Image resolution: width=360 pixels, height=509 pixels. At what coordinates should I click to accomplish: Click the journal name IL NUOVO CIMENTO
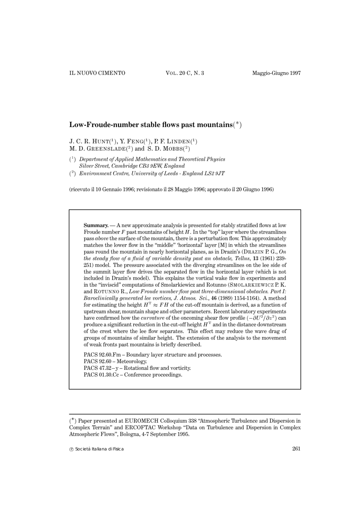[x=97, y=73]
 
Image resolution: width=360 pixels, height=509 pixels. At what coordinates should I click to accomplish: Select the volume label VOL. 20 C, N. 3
[x=185, y=73]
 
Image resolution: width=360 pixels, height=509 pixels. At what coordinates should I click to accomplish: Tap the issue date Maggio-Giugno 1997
[x=276, y=73]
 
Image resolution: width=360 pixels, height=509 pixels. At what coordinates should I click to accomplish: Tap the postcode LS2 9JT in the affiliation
[x=214, y=173]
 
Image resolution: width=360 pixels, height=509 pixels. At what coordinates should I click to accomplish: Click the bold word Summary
[x=96, y=225]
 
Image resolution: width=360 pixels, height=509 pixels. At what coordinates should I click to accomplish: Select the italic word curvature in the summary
[x=152, y=318]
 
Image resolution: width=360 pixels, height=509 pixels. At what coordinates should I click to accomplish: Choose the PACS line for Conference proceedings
[x=133, y=375]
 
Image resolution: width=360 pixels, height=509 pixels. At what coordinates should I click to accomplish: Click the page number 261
[x=296, y=449]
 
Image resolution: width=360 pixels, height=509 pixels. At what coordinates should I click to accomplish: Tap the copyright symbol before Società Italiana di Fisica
[x=71, y=450]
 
